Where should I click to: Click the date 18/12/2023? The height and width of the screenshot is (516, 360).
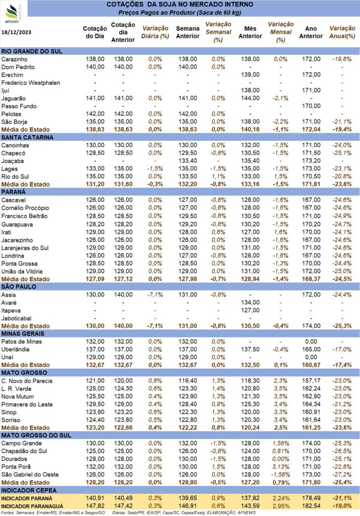point(16,32)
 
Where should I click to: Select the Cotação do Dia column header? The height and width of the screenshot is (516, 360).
point(95,32)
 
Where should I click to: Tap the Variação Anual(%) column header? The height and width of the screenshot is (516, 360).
point(342,32)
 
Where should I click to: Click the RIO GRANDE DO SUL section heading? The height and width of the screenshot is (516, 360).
point(32,51)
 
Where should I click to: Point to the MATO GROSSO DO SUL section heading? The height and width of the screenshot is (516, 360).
point(36,435)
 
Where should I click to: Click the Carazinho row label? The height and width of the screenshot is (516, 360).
point(15,59)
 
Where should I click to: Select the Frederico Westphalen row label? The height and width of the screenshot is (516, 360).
point(31,83)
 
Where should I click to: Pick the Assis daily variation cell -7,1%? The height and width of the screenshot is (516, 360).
point(155,294)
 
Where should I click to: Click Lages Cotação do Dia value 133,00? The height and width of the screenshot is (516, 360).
point(95,168)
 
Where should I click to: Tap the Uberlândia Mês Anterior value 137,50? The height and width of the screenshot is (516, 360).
point(250,349)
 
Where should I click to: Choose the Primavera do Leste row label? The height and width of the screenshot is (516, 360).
point(27,405)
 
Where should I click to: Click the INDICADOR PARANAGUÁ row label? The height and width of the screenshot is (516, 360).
point(32,506)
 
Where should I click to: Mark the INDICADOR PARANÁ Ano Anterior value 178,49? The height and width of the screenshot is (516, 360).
point(311,498)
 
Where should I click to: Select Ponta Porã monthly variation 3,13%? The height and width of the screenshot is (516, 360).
point(280,467)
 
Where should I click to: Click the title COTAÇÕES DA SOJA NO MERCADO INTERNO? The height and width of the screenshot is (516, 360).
point(180,5)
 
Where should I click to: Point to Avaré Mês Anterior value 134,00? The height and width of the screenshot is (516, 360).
point(250,302)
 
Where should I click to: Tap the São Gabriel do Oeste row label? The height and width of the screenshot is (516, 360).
point(30,475)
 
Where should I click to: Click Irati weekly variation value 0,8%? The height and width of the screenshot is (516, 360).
point(219,232)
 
